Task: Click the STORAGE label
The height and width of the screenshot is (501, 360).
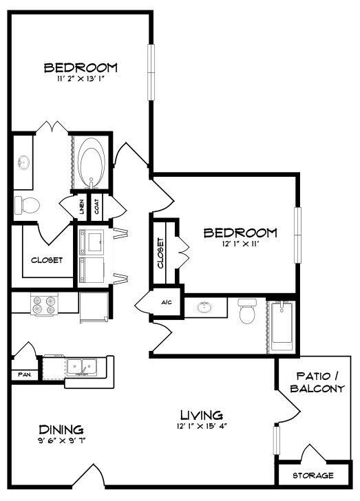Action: pyautogui.click(x=313, y=476)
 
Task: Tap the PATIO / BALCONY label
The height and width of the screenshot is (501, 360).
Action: pyautogui.click(x=317, y=382)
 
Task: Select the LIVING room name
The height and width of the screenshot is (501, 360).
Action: pyautogui.click(x=202, y=415)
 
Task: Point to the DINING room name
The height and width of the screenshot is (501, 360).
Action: pyautogui.click(x=61, y=429)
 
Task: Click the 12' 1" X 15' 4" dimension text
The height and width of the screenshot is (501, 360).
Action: pyautogui.click(x=202, y=426)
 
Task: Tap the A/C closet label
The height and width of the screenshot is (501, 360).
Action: pyautogui.click(x=167, y=302)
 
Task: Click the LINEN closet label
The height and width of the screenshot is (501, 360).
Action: pyautogui.click(x=82, y=206)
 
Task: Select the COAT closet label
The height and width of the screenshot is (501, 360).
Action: pyautogui.click(x=96, y=206)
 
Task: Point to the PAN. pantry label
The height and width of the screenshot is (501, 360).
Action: pyautogui.click(x=24, y=374)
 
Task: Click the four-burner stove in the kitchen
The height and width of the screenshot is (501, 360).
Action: pyautogui.click(x=44, y=305)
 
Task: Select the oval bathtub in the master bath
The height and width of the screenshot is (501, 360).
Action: pyautogui.click(x=92, y=162)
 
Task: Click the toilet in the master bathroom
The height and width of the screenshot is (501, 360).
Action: pyautogui.click(x=27, y=205)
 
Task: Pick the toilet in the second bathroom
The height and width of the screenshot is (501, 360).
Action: pyautogui.click(x=248, y=311)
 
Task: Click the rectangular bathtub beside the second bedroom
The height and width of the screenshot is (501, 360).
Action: pyautogui.click(x=282, y=326)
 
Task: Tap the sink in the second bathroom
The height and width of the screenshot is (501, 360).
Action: pyautogui.click(x=204, y=308)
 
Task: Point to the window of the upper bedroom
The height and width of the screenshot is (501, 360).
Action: pyautogui.click(x=151, y=72)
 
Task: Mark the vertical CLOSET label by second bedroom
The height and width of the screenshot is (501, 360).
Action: pyautogui.click(x=160, y=253)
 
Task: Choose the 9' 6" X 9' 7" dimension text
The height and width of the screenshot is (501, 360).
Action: pyautogui.click(x=61, y=440)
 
